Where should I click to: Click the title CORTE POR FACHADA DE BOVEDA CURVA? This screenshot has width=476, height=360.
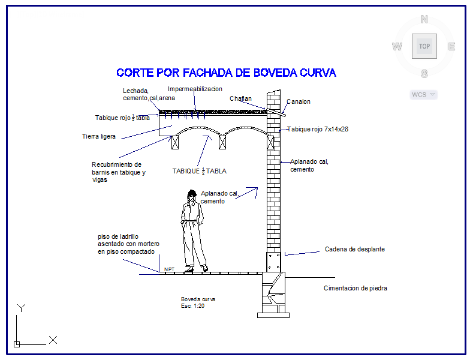click(x=226, y=73)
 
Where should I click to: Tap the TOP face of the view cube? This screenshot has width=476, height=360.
click(x=424, y=46)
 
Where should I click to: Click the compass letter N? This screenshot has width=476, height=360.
click(x=424, y=19)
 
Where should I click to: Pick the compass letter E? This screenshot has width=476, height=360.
click(x=452, y=46)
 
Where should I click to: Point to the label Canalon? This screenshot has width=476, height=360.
click(x=299, y=101)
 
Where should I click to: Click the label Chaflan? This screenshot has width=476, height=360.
click(x=240, y=98)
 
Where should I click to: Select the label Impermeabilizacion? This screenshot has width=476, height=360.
click(x=195, y=89)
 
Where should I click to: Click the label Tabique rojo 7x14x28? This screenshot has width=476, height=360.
click(x=318, y=129)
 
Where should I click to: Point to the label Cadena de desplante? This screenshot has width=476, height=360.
click(x=355, y=249)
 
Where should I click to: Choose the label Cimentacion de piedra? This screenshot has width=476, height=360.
click(x=356, y=288)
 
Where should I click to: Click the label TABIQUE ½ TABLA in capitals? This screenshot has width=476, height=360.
click(x=200, y=171)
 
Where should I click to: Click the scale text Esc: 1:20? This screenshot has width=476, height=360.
click(x=193, y=305)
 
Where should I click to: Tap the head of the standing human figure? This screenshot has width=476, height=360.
click(x=192, y=194)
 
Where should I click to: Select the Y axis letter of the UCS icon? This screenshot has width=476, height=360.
click(x=21, y=308)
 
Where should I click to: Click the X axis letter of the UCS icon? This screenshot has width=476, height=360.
click(x=53, y=340)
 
